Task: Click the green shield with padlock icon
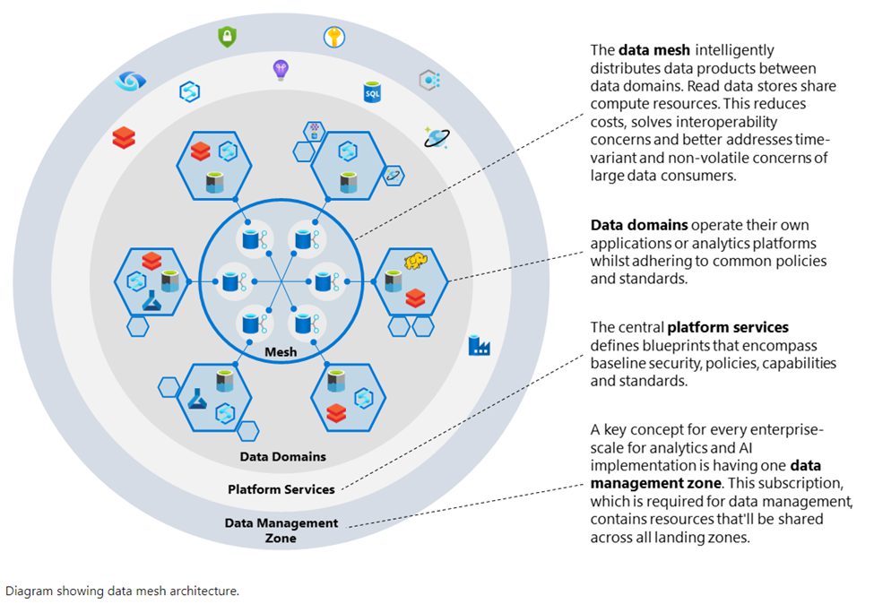228,37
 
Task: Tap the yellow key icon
334,37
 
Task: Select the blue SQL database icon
372,91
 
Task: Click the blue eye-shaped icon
130,82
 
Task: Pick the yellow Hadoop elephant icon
415,261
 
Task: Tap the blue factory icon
480,345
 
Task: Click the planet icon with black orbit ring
436,137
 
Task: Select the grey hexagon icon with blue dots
429,81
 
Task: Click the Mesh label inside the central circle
281,352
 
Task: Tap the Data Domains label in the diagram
282,456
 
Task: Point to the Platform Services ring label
281,489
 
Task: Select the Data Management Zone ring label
281,531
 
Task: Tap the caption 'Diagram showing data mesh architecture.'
123,591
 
